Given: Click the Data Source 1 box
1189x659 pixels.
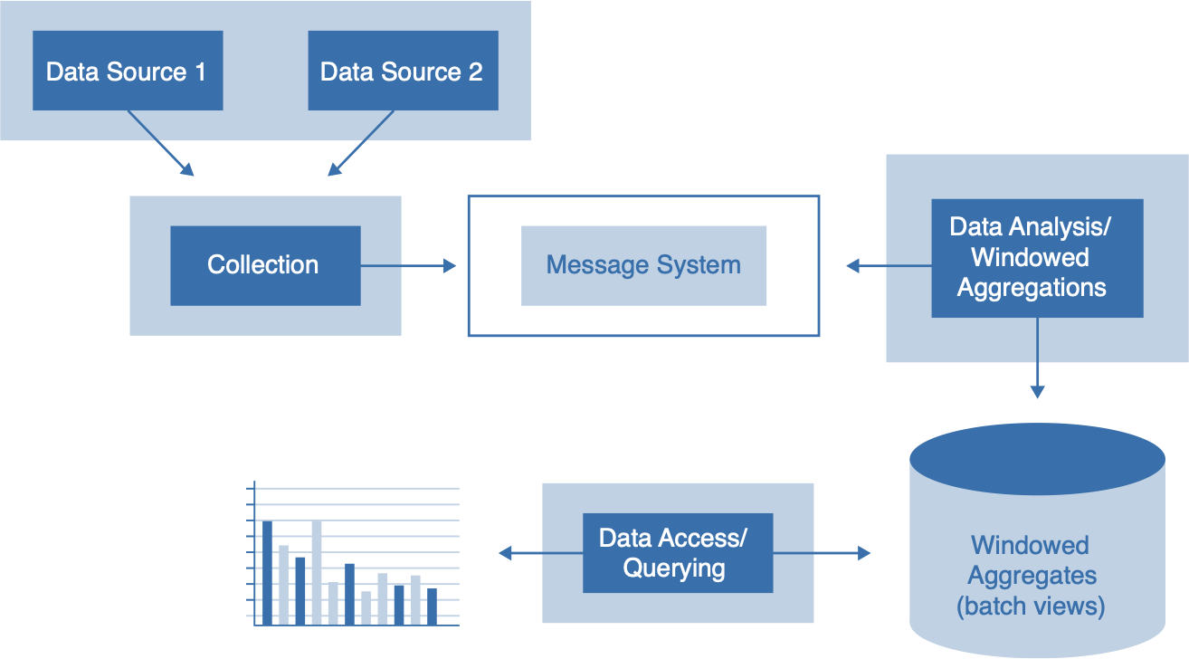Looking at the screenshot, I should pyautogui.click(x=128, y=72).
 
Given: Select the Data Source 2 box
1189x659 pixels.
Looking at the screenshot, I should pyautogui.click(x=403, y=72).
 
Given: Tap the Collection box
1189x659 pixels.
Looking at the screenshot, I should pyautogui.click(x=264, y=265).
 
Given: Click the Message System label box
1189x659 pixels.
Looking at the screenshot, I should pyautogui.click(x=643, y=265).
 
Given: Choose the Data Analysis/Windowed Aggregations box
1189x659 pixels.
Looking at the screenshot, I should pyautogui.click(x=1036, y=258).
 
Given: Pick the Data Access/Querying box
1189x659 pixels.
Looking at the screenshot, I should pyautogui.click(x=677, y=553).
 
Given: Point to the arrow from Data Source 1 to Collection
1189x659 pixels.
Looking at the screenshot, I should pyautogui.click(x=161, y=143).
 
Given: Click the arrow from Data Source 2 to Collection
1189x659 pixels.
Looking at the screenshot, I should pyautogui.click(x=361, y=143).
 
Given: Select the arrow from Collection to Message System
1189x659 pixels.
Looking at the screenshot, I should pyautogui.click(x=408, y=265).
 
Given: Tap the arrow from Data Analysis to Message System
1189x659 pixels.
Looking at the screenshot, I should pyautogui.click(x=889, y=265).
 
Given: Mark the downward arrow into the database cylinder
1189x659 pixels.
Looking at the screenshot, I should pyautogui.click(x=1037, y=358).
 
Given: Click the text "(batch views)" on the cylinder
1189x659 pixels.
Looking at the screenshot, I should pyautogui.click(x=1031, y=606).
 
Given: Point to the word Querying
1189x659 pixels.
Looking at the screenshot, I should pyautogui.click(x=674, y=568).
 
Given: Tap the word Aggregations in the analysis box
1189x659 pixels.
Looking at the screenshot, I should pyautogui.click(x=1032, y=288).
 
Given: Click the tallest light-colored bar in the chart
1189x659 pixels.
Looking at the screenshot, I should pyautogui.click(x=317, y=572).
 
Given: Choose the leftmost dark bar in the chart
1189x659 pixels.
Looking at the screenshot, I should pyautogui.click(x=267, y=572).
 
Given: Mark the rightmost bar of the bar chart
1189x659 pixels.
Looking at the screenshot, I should pyautogui.click(x=432, y=606).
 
